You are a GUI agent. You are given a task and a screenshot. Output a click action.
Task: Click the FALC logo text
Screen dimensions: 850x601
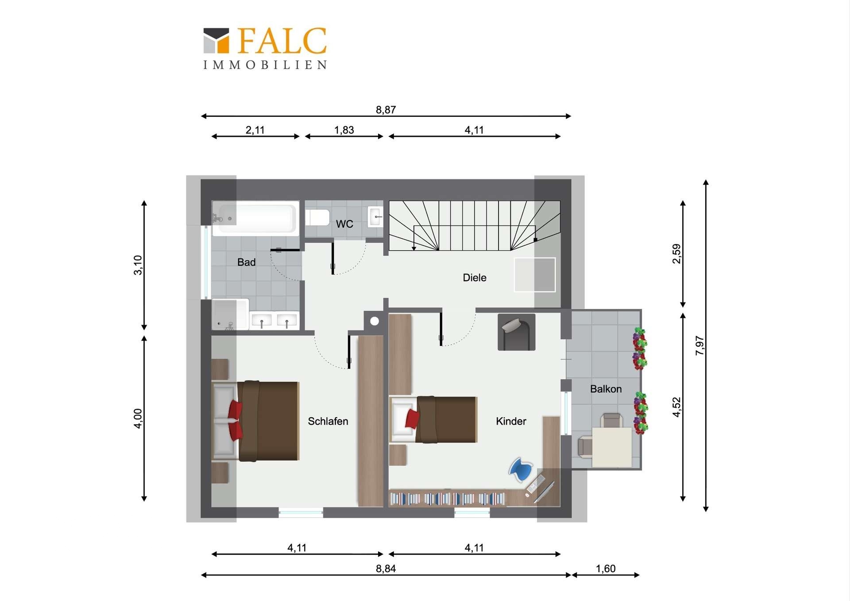tap(282, 41)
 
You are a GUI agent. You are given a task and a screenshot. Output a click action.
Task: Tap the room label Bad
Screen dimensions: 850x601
tap(246, 262)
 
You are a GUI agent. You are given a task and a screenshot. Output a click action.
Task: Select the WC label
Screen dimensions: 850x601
tap(344, 224)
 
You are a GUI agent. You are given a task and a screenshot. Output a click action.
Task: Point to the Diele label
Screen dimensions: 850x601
tap(475, 278)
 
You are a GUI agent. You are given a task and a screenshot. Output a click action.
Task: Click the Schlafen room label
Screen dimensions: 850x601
tap(328, 421)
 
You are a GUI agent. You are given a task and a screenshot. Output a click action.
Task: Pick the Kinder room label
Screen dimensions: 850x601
tap(511, 421)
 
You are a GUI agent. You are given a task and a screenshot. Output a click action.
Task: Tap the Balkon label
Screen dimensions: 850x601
tap(606, 389)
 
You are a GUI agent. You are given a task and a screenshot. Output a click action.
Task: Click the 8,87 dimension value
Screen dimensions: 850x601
tap(386, 109)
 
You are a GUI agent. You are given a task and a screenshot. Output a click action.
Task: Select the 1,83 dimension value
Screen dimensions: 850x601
tap(344, 130)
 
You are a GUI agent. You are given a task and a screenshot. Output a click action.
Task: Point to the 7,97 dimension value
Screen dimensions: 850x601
tap(699, 345)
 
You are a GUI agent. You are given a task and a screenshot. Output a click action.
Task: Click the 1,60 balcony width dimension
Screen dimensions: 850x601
tap(606, 569)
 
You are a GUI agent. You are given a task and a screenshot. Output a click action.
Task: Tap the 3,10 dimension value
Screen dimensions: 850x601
tap(138, 265)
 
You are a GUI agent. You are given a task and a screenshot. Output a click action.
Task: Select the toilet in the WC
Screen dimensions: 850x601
tap(317, 218)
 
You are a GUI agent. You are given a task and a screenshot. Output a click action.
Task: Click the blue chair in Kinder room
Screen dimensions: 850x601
tap(521, 469)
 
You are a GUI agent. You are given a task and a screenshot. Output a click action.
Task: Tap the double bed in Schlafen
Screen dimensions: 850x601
tap(256, 421)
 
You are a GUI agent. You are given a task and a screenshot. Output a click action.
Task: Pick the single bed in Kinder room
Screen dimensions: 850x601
tap(433, 419)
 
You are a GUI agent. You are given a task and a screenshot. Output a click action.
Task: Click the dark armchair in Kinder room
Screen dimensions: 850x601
tap(516, 332)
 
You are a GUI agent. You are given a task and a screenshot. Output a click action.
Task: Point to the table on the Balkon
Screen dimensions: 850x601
tap(612, 447)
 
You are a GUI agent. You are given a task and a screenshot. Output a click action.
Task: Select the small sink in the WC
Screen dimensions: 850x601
tap(375, 217)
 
